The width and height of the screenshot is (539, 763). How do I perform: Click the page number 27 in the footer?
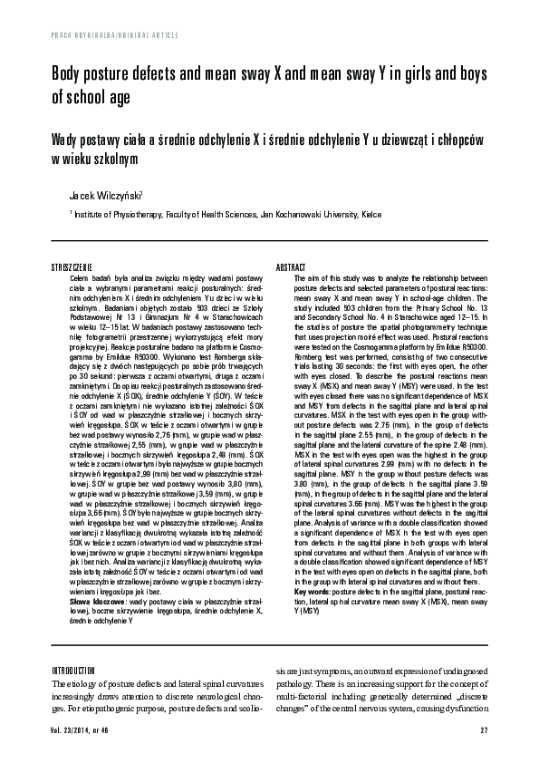(x=484, y=730)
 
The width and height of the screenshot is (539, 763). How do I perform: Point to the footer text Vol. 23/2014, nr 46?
(x=82, y=730)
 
